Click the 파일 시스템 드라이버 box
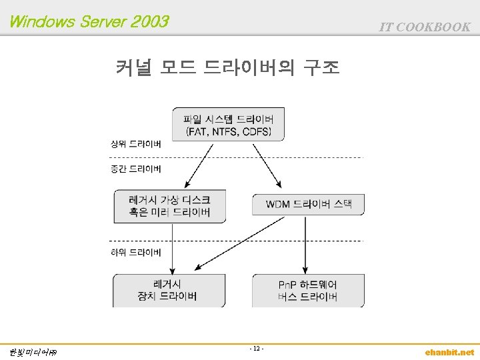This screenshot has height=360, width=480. (229, 124)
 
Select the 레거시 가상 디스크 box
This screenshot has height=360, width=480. (169, 205)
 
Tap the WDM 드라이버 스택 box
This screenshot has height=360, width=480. (308, 204)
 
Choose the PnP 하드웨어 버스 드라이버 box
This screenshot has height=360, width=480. (308, 290)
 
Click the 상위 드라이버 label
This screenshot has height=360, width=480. (135, 144)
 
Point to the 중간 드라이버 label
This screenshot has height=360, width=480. (135, 169)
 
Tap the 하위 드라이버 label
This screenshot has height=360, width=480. (135, 253)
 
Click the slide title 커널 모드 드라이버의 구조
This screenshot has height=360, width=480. (228, 67)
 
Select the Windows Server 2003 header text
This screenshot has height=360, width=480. (89, 22)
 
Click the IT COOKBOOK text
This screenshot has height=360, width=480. (425, 27)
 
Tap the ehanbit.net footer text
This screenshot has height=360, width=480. (449, 352)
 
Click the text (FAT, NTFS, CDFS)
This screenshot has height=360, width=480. (229, 131)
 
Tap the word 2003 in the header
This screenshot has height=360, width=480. (151, 22)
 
